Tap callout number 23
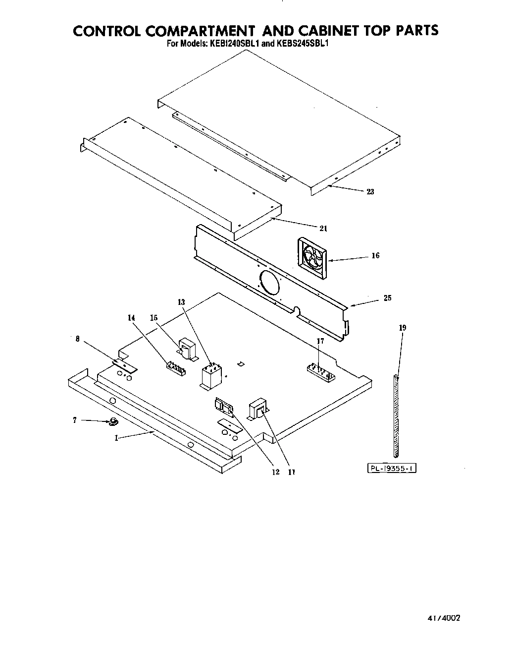(370, 192)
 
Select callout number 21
(323, 229)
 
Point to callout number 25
(387, 298)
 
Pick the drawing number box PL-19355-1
(391, 468)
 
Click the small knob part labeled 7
(113, 422)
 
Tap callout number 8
(77, 339)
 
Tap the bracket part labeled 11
(258, 409)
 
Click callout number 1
(116, 438)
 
